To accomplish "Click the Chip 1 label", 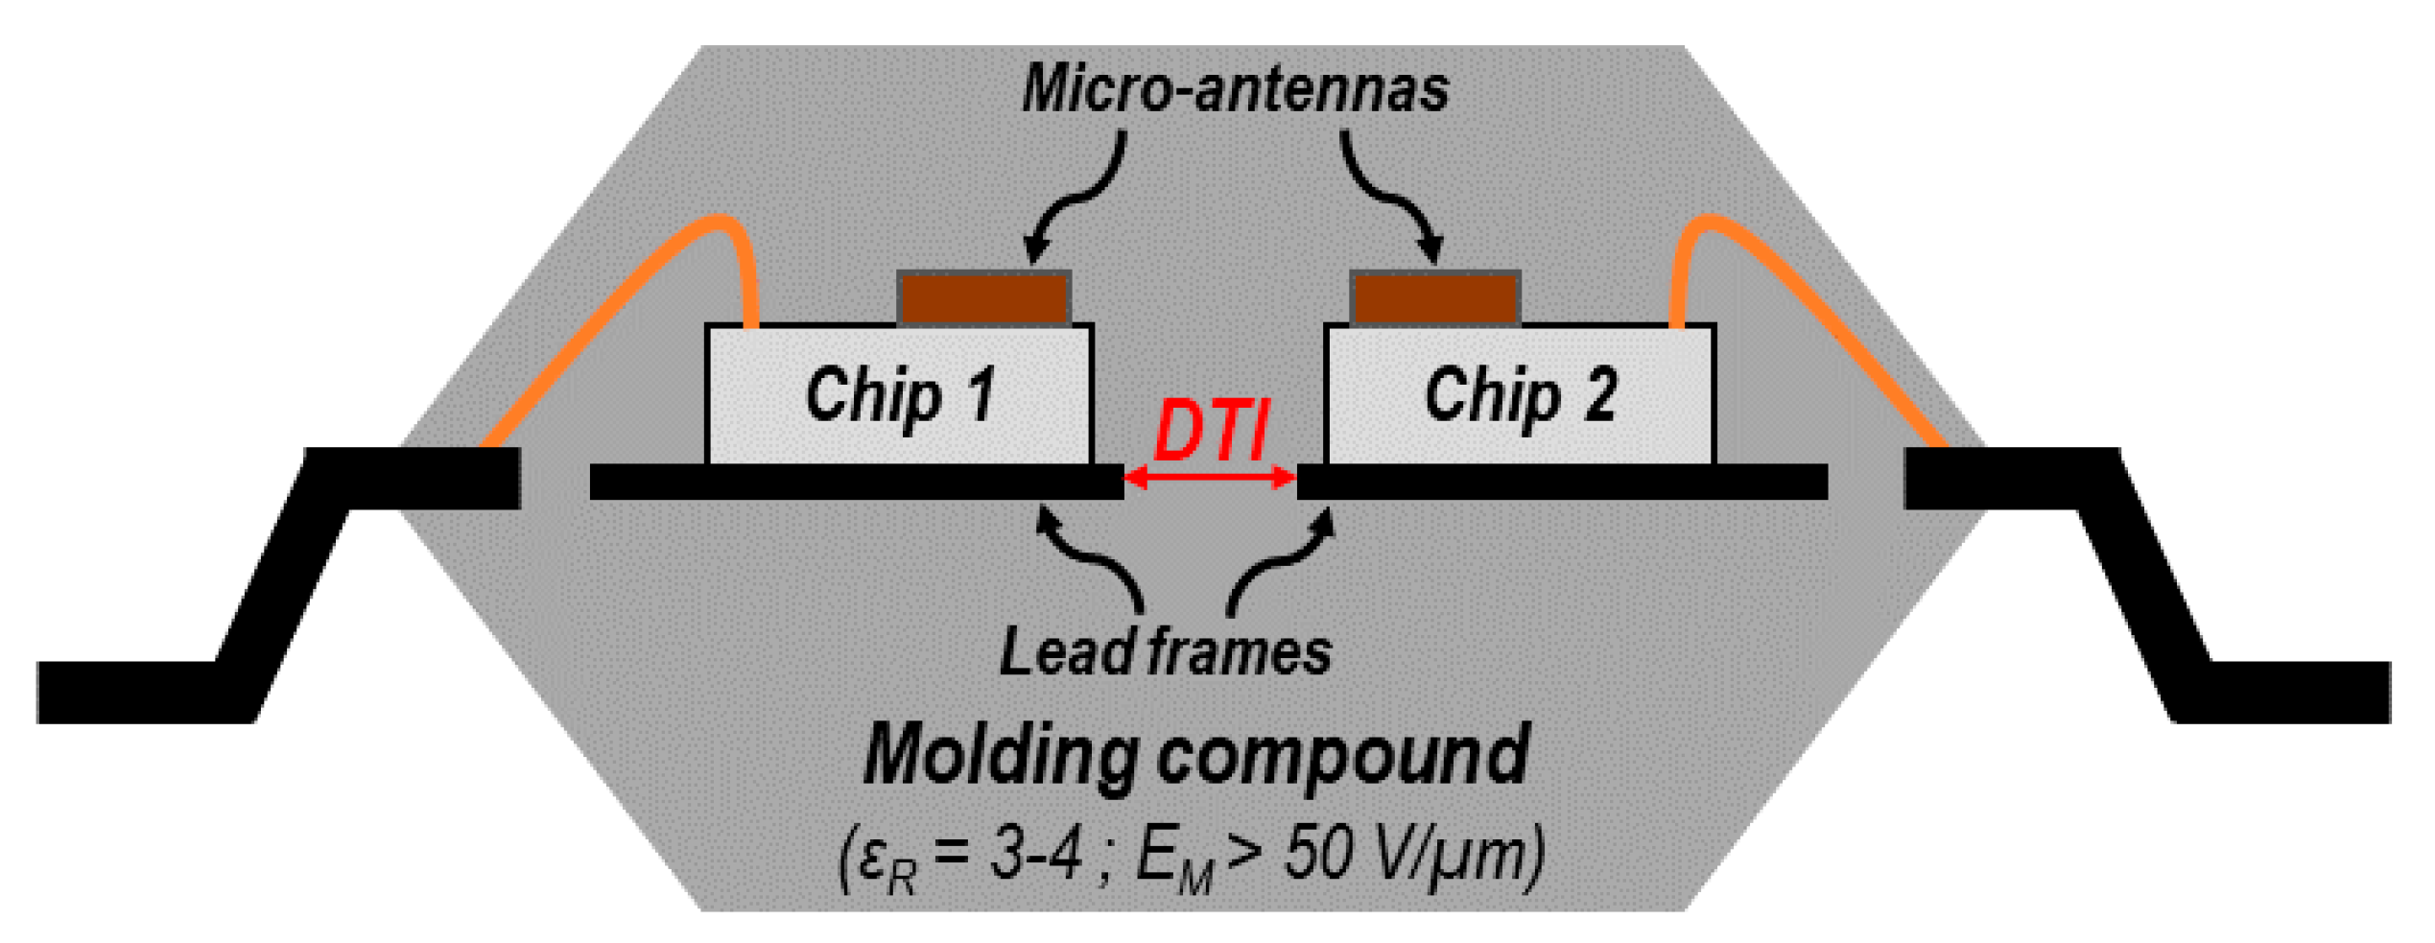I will [900, 394].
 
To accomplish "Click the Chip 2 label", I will [1521, 394].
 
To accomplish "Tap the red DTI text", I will [1211, 431].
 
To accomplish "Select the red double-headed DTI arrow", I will [1210, 477].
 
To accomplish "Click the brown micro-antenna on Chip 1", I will [984, 298].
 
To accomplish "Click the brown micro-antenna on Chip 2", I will [1435, 298].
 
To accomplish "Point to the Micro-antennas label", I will [1235, 89].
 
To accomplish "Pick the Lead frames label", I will [1165, 652].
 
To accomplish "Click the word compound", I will [1343, 756].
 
